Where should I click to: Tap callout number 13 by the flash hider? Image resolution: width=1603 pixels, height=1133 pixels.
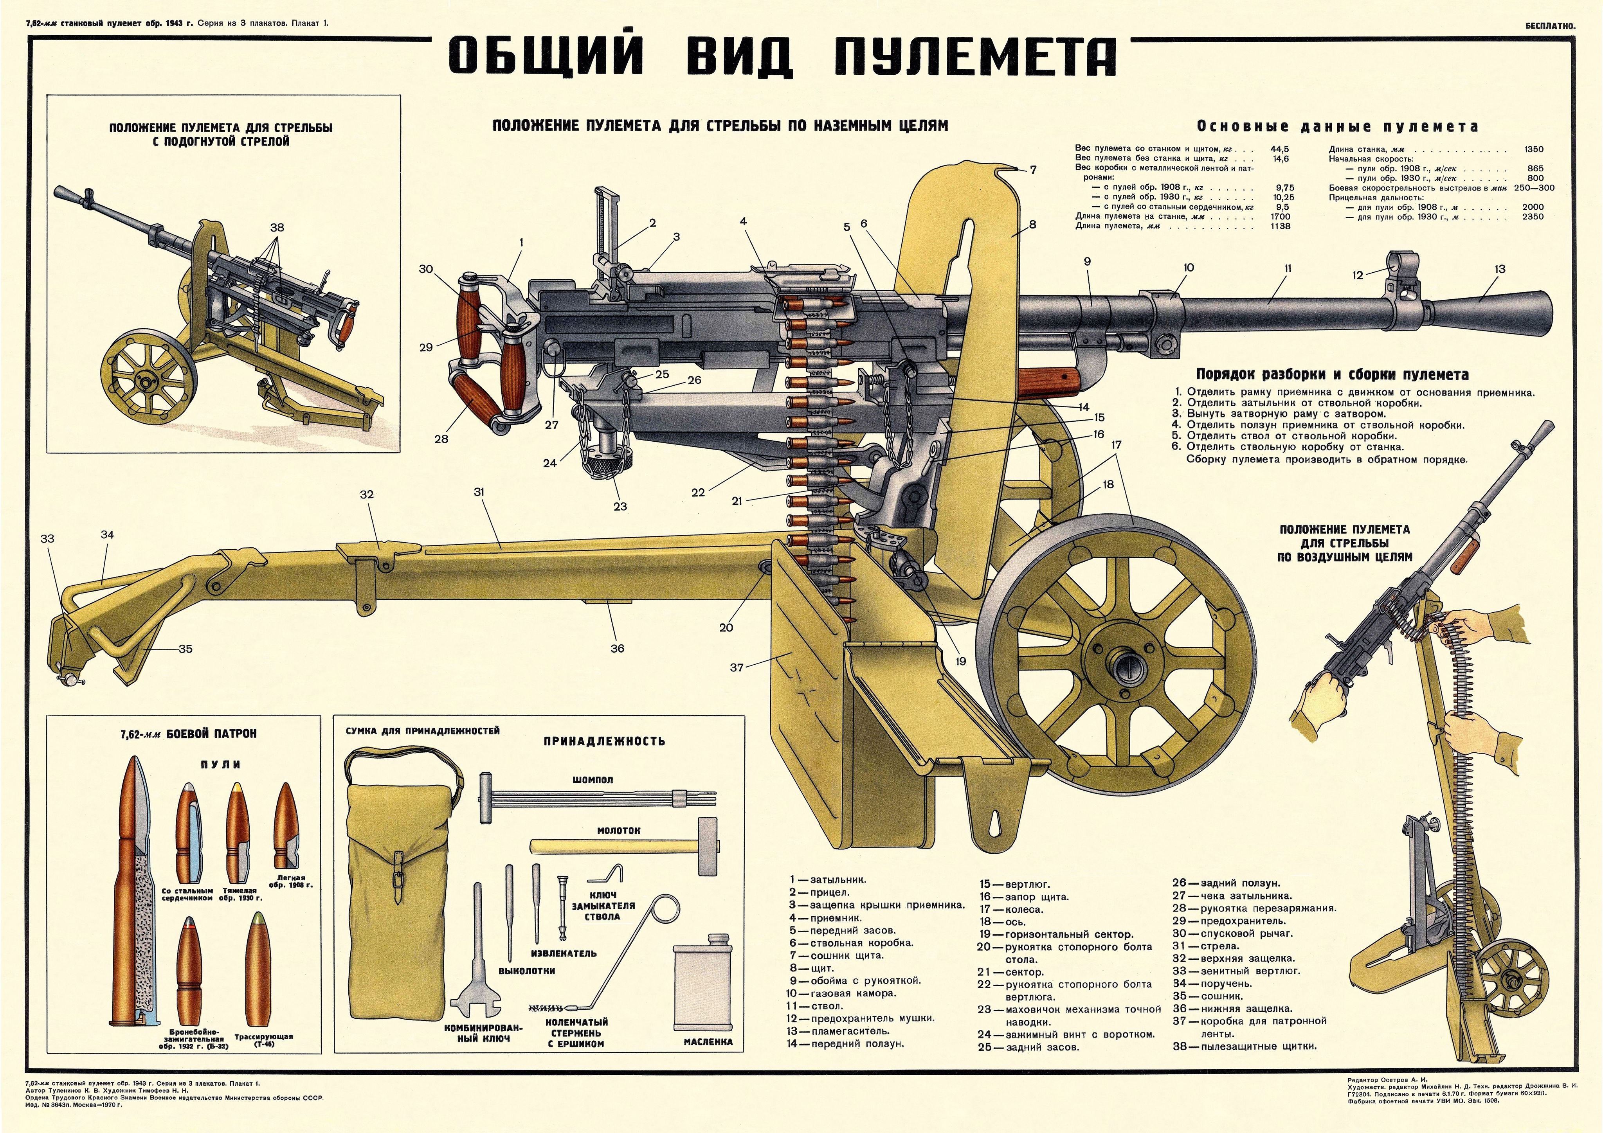point(1500,269)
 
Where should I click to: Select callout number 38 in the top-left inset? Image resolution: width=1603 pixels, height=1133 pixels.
point(277,228)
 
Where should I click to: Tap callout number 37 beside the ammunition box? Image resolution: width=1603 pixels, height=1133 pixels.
point(737,667)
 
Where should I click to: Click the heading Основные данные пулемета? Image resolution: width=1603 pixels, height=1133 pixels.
point(1337,127)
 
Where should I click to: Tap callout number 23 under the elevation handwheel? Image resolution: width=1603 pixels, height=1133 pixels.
point(620,506)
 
